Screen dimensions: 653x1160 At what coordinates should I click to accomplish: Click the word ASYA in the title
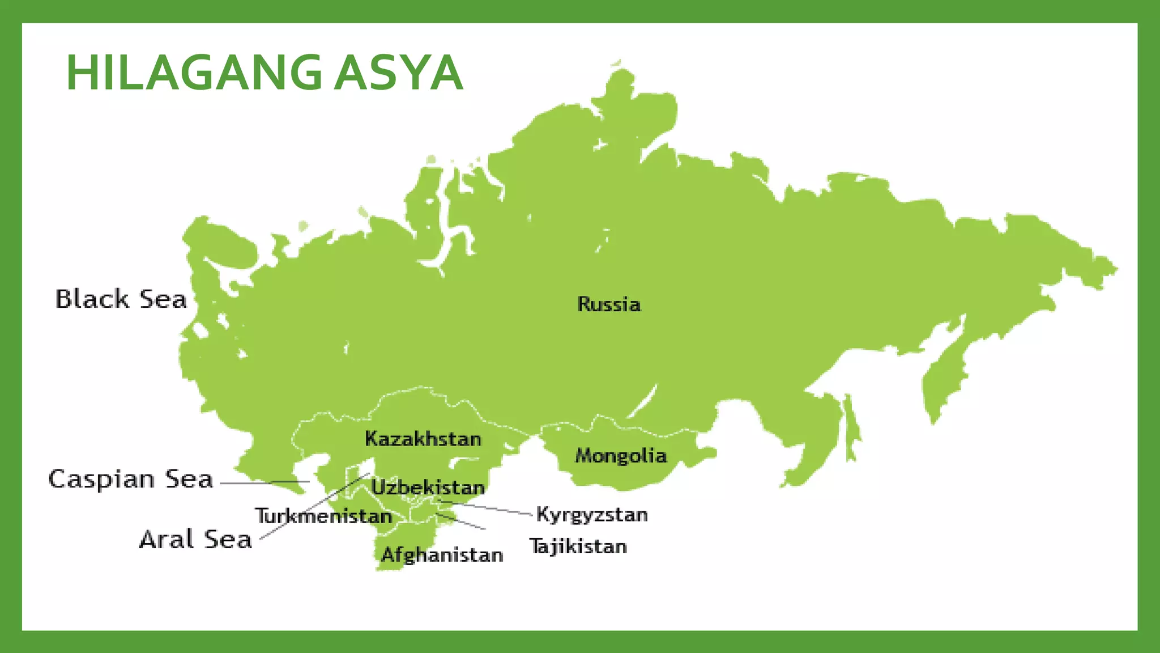(x=399, y=73)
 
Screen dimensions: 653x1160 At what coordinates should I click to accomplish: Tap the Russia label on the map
(x=609, y=304)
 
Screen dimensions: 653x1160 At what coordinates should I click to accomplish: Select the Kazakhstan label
(x=423, y=439)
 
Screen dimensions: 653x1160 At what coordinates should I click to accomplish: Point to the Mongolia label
(x=621, y=456)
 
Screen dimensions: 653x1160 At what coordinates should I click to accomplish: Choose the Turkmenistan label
(x=323, y=516)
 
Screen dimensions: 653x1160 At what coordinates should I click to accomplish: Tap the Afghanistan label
(x=442, y=554)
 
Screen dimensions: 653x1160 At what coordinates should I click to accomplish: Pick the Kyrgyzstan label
(x=592, y=515)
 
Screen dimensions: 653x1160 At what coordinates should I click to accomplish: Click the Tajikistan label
(x=578, y=546)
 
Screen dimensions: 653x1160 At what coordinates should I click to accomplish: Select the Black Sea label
(x=121, y=299)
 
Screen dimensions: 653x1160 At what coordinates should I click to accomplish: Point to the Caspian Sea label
(x=131, y=479)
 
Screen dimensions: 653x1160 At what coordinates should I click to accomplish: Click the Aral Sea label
(x=195, y=539)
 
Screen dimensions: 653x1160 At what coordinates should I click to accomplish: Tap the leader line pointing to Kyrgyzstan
(x=487, y=508)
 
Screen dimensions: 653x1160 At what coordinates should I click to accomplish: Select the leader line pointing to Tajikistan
(x=462, y=521)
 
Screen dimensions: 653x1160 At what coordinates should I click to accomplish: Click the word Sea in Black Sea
(x=163, y=299)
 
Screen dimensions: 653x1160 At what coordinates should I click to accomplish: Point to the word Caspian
(x=102, y=479)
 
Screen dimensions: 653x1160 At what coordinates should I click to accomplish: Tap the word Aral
(x=167, y=539)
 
